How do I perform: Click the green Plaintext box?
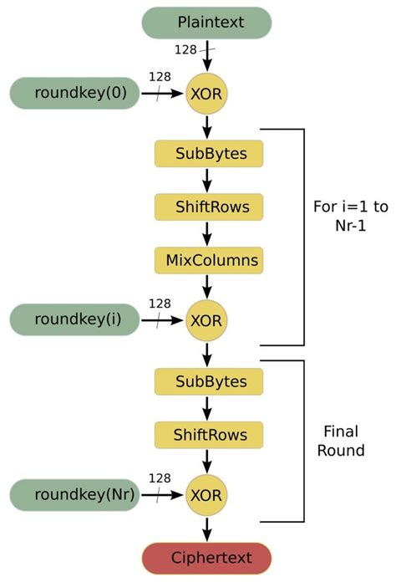click(x=206, y=23)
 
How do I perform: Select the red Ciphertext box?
click(x=206, y=558)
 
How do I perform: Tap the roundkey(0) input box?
click(x=74, y=94)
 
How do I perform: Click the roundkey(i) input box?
click(x=74, y=319)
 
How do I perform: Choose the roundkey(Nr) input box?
click(x=74, y=495)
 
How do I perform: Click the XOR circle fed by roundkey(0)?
click(x=206, y=95)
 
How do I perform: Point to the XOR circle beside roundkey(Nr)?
click(x=206, y=496)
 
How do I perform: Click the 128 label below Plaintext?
click(x=185, y=50)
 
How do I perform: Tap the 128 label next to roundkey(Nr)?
click(x=160, y=477)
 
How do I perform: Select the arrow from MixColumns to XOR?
click(x=206, y=286)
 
